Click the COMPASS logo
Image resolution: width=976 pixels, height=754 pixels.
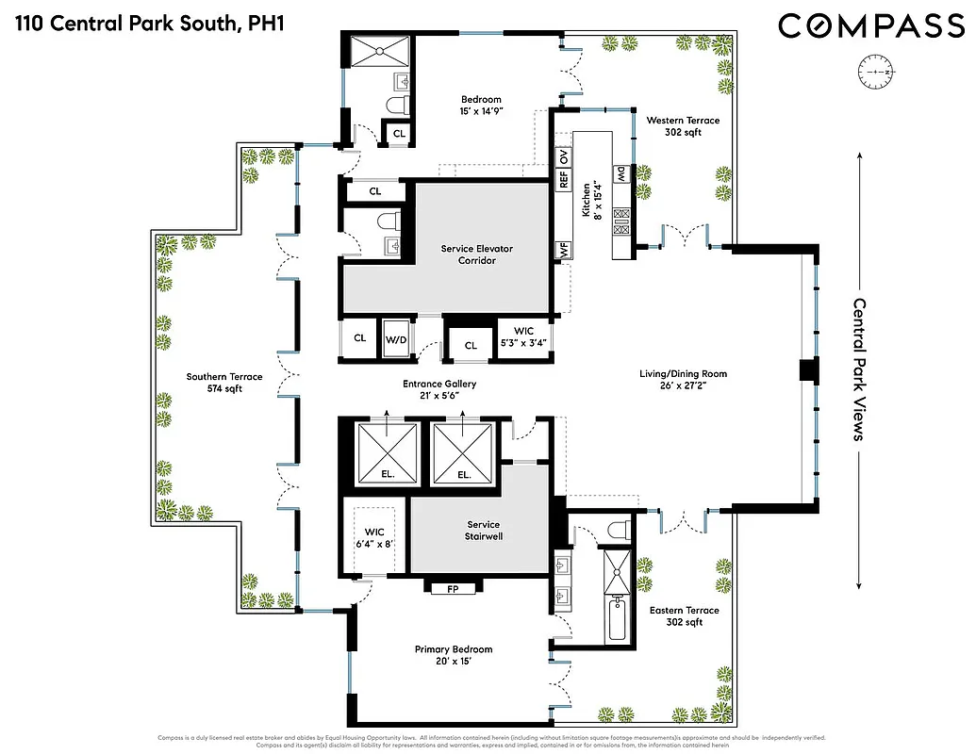(871, 26)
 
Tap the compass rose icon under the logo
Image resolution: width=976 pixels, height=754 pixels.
(876, 72)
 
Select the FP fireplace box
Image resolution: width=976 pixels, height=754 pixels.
(452, 588)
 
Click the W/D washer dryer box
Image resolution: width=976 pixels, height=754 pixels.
(393, 337)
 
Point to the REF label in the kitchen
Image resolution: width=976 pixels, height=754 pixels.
(563, 178)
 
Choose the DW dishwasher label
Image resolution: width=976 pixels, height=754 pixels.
(621, 173)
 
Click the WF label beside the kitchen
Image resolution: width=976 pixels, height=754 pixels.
(563, 250)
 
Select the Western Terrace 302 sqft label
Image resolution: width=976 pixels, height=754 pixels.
(683, 126)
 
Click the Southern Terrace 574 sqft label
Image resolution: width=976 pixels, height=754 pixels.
(223, 383)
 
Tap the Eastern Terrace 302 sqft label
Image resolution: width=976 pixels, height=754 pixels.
(684, 616)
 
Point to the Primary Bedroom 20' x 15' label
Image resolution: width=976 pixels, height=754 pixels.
(454, 655)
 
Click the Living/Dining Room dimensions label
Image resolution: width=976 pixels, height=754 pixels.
(683, 380)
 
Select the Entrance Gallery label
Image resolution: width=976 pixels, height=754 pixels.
(439, 390)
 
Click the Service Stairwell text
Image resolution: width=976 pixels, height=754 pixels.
(483, 531)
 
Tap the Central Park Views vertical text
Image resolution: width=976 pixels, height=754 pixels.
(859, 369)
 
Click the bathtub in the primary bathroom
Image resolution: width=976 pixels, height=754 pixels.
(617, 617)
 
